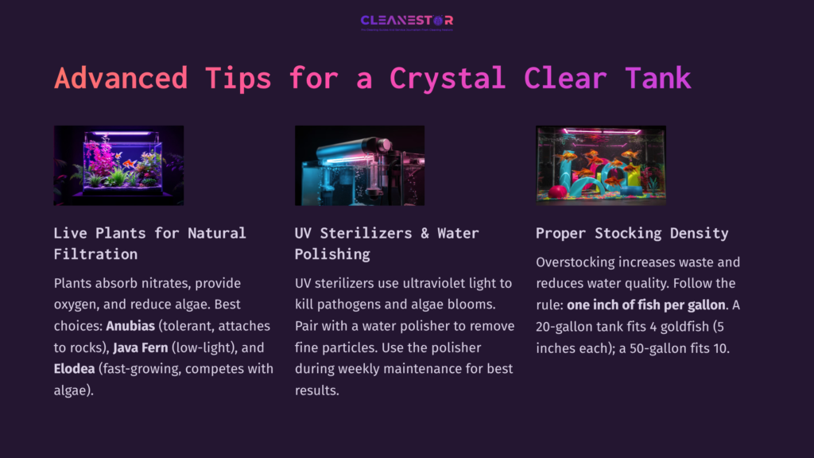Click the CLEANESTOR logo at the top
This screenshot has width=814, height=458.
[x=406, y=21]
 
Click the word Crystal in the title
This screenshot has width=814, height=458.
[x=448, y=78]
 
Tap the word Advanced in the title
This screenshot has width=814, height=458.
[x=121, y=78]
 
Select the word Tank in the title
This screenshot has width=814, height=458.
[x=657, y=78]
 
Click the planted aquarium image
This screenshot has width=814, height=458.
[x=118, y=165]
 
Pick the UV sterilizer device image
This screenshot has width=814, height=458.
[x=359, y=165]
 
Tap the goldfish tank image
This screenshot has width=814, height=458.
[x=600, y=165]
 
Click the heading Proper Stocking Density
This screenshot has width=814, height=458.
[x=632, y=233]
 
